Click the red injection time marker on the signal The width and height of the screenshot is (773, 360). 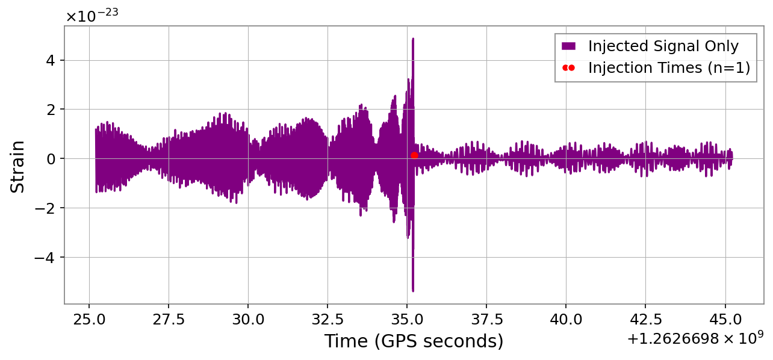[x=414, y=155]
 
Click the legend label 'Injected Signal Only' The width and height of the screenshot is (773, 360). [x=663, y=46]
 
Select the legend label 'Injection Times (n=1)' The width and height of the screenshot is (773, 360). [x=669, y=68]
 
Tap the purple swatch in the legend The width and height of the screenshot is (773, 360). [x=568, y=46]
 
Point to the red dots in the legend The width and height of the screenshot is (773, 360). [x=568, y=68]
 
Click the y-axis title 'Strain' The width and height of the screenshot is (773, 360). [x=18, y=166]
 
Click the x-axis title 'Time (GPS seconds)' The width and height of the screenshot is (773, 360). [x=414, y=341]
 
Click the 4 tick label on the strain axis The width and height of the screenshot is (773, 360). [x=51, y=60]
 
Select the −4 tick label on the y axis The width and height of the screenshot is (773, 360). [x=46, y=258]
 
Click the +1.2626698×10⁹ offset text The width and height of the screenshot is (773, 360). [x=695, y=339]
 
